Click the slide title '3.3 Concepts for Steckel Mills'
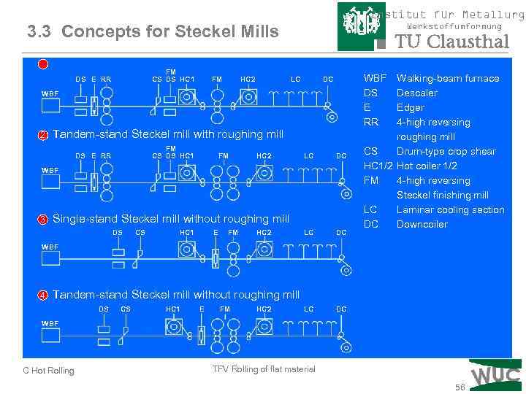click(x=153, y=31)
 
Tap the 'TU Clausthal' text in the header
click(x=451, y=42)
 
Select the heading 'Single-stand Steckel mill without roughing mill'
click(x=171, y=219)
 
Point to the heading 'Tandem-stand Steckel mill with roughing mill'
click(x=168, y=134)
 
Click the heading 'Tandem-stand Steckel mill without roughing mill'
click(x=176, y=295)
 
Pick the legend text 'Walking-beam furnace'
click(x=448, y=78)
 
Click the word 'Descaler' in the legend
click(x=416, y=93)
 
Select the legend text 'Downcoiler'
click(x=422, y=224)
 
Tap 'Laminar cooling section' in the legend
click(x=450, y=209)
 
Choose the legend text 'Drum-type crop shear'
click(x=446, y=151)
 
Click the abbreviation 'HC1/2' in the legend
click(x=378, y=166)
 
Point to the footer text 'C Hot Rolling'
click(x=48, y=371)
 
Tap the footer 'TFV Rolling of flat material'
click(x=264, y=369)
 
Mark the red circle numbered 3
click(x=43, y=220)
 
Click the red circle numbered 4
click(x=43, y=295)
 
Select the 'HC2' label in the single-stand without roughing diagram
click(x=264, y=233)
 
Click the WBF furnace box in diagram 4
click(x=50, y=336)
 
